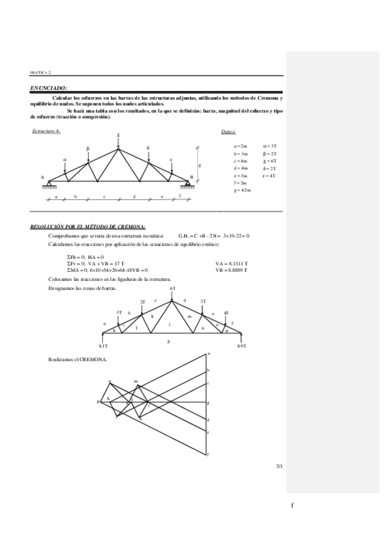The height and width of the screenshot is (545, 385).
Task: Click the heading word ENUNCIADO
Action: coord(48,88)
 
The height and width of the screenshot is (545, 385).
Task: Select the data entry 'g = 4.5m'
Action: coord(242,191)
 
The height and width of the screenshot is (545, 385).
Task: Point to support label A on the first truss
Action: coord(42,177)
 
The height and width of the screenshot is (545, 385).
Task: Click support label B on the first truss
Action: coord(192,177)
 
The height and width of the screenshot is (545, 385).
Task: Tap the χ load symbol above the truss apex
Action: coord(118,135)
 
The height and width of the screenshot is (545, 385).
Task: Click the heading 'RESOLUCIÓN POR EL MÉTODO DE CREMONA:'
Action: coord(88,227)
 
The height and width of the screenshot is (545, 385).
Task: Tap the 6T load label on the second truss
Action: coord(173,289)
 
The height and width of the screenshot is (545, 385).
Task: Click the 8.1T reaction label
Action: coord(103,346)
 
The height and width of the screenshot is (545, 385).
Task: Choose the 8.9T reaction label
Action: coord(241,346)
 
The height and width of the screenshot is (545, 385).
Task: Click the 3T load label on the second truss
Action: coord(119,312)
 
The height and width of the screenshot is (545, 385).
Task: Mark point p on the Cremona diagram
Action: coord(98,402)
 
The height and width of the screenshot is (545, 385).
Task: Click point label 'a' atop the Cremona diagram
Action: coord(209,353)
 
